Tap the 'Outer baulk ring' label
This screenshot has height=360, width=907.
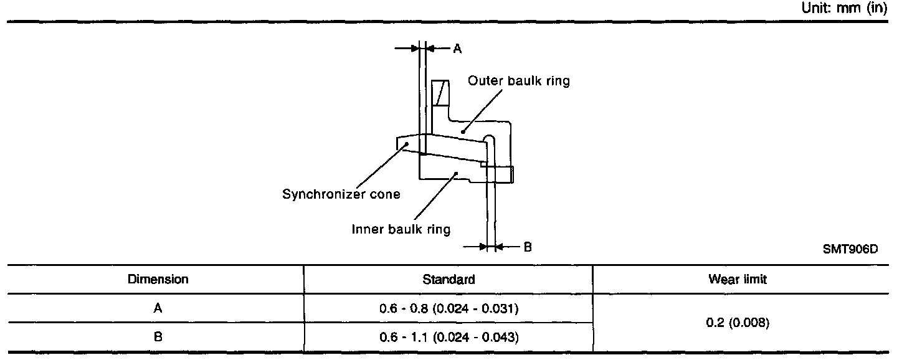[x=519, y=81]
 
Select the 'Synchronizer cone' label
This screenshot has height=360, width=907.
[x=341, y=194]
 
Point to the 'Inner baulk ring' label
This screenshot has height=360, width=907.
[x=401, y=229]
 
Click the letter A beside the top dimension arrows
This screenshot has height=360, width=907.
[x=457, y=49]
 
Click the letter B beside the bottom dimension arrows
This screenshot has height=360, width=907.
[x=527, y=247]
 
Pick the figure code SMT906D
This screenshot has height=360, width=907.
[x=850, y=249]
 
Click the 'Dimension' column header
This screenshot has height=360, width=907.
[x=158, y=280]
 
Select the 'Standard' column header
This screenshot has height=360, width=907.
[x=449, y=280]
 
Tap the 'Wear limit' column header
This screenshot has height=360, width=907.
[x=738, y=280]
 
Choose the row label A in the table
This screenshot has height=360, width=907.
[x=158, y=308]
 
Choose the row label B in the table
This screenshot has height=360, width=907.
[x=158, y=338]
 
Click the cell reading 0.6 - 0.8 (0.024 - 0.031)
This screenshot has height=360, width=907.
[x=449, y=308]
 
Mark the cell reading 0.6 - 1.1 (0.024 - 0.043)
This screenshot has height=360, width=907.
[x=449, y=338]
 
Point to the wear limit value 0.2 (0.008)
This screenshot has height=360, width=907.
[x=738, y=323]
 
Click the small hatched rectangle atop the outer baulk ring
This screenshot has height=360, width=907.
[x=441, y=93]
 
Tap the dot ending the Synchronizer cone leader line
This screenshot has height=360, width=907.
[x=407, y=144]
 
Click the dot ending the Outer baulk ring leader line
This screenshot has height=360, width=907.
[x=462, y=131]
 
